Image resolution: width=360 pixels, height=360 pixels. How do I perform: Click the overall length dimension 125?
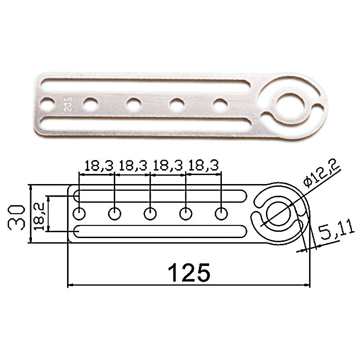pyautogui.click(x=189, y=272)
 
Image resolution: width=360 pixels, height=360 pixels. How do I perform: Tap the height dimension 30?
pyautogui.click(x=16, y=217)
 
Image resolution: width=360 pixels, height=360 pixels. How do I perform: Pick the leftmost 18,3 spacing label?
pyautogui.click(x=99, y=166)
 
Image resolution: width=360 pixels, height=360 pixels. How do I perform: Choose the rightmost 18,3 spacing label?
pyautogui.click(x=203, y=165)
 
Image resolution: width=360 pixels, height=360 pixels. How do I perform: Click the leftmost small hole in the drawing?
pyautogui.click(x=79, y=214)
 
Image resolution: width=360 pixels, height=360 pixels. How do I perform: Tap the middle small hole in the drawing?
pyautogui.click(x=150, y=214)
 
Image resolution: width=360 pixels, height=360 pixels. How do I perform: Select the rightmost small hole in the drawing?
pyautogui.click(x=221, y=214)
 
